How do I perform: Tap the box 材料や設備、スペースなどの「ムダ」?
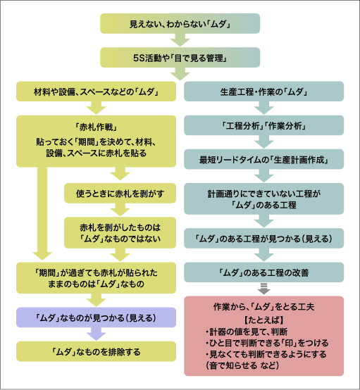(x=96, y=92)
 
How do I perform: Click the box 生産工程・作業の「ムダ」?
(x=264, y=92)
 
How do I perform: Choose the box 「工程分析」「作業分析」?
(x=264, y=125)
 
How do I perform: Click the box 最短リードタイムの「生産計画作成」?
(x=264, y=159)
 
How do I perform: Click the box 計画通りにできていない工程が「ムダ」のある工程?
(x=264, y=198)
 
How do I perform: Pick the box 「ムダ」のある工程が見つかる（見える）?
(x=264, y=238)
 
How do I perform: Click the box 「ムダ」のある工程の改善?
(x=264, y=272)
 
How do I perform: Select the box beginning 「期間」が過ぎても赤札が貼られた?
(x=96, y=277)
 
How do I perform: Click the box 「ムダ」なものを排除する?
(x=96, y=351)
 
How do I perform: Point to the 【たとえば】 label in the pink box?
(x=263, y=320)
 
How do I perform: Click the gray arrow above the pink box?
(x=264, y=288)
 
